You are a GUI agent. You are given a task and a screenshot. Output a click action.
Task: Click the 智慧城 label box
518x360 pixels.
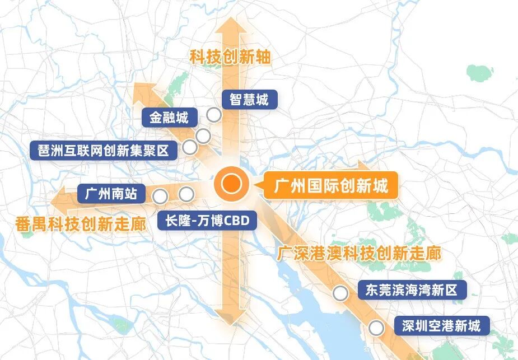(249, 100)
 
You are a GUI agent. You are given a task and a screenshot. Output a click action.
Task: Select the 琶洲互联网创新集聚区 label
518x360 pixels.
(103, 149)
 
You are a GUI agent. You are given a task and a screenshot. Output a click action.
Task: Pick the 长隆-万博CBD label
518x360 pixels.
(207, 220)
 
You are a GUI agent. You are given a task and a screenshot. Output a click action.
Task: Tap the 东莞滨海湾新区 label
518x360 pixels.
(411, 291)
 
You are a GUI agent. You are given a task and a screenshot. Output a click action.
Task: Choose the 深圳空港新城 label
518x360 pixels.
(441, 326)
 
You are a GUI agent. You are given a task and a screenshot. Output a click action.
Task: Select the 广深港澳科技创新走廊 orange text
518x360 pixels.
(358, 254)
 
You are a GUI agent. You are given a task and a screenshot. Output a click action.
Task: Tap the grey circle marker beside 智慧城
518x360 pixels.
(213, 115)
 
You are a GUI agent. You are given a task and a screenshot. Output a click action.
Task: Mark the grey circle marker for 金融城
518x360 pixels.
(203, 135)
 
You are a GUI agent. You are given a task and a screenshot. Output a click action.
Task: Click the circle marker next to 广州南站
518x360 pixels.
(160, 196)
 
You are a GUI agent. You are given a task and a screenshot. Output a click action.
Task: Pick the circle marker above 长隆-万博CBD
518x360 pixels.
(186, 194)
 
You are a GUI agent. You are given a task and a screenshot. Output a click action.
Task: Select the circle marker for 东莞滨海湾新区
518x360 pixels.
(339, 293)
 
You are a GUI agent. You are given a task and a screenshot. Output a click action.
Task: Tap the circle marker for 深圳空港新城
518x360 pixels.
(376, 328)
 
